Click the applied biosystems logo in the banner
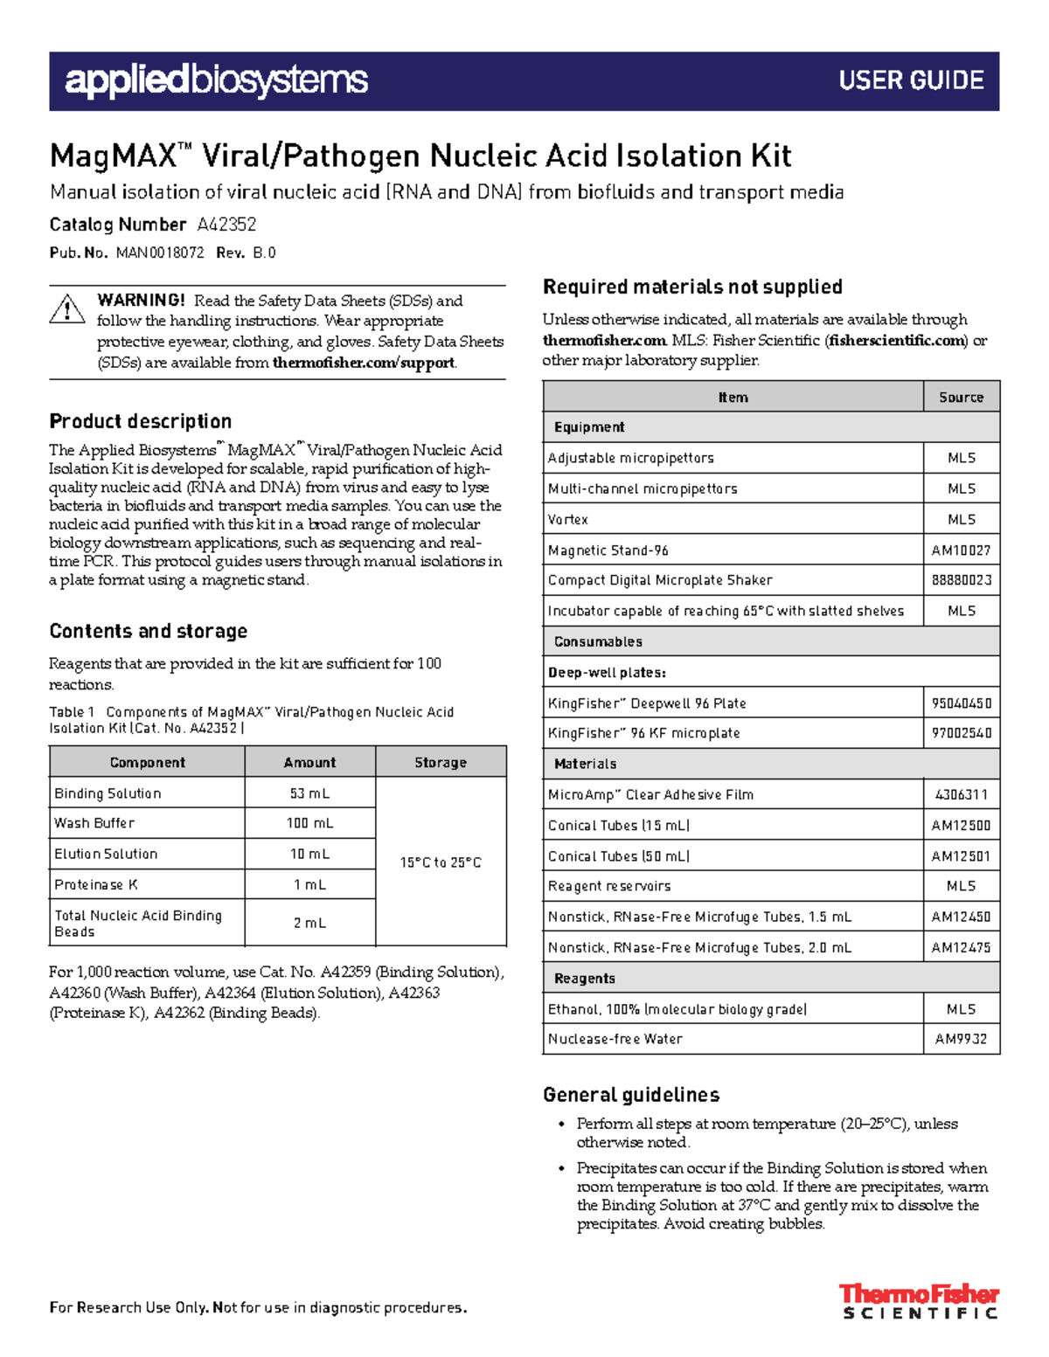click(x=216, y=80)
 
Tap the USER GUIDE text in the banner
click(x=911, y=80)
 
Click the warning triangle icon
click(x=67, y=309)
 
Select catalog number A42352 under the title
click(x=226, y=225)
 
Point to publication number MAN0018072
click(x=160, y=253)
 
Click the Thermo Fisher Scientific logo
click(x=919, y=1300)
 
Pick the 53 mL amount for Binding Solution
click(x=309, y=793)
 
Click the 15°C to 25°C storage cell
click(x=441, y=862)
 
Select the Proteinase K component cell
click(x=96, y=884)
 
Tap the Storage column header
click(x=441, y=762)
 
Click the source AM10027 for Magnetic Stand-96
click(x=961, y=550)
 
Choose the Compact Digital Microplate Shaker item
click(x=660, y=580)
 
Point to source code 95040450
click(x=961, y=703)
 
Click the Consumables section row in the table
click(x=598, y=641)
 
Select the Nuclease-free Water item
click(x=615, y=1039)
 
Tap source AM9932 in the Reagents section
click(x=961, y=1039)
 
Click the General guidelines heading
click(x=631, y=1095)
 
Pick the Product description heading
click(x=140, y=421)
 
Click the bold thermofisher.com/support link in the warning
click(x=364, y=363)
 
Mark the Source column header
click(x=961, y=397)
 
